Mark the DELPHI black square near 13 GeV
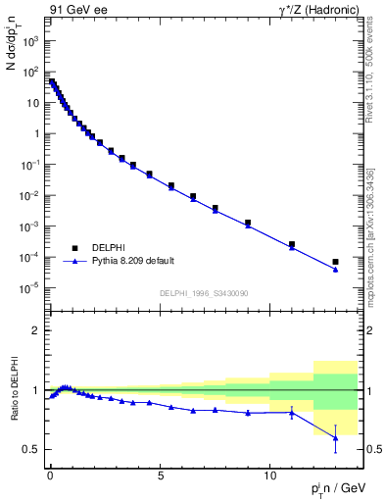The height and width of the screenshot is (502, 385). click(335, 262)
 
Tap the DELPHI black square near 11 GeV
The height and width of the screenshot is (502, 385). click(292, 244)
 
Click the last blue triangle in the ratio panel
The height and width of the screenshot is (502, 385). click(335, 438)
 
